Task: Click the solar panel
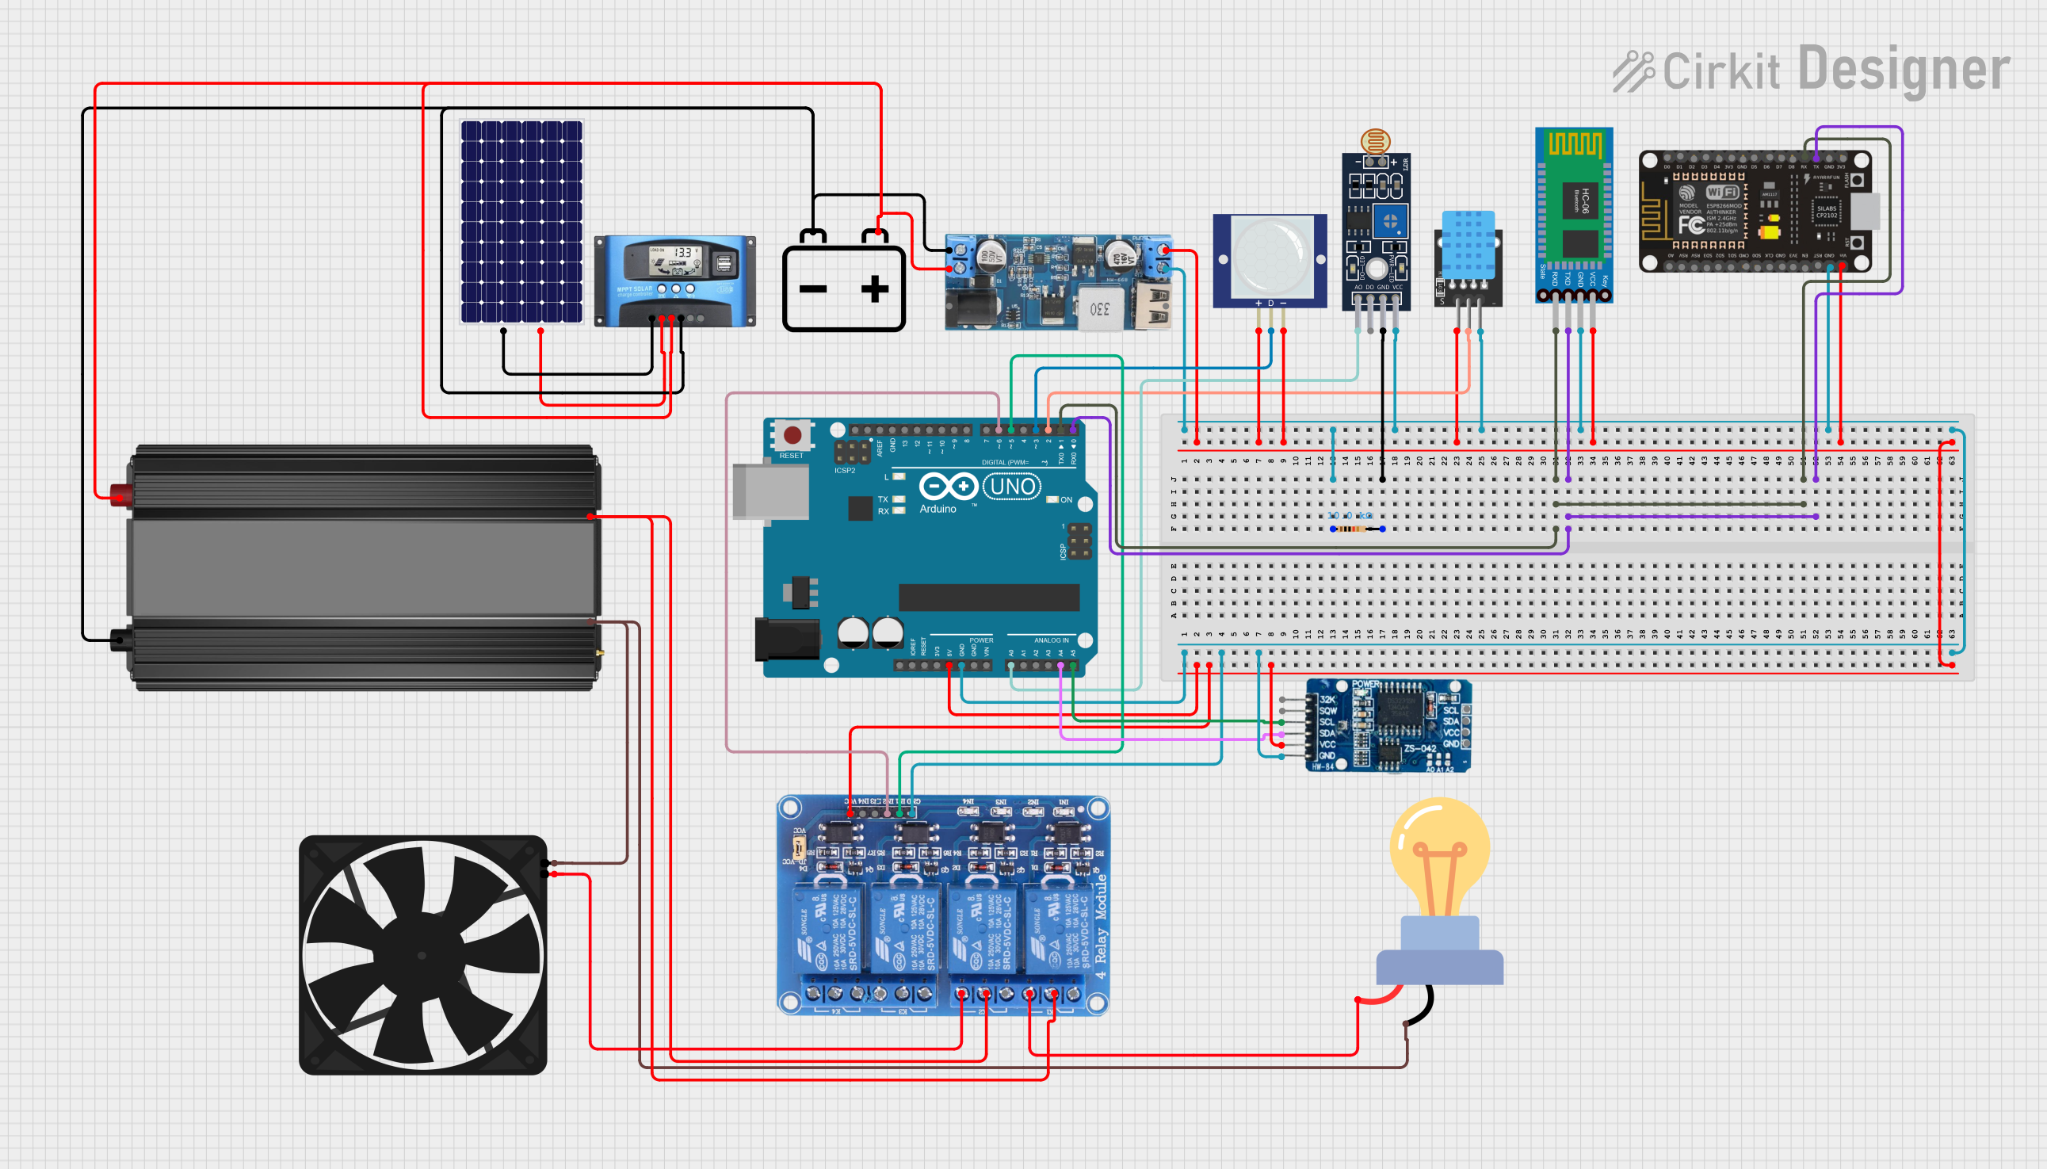(x=521, y=221)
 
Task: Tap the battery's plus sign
(x=874, y=289)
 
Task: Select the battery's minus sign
(x=812, y=289)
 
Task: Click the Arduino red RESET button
(x=792, y=435)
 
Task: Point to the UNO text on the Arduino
(x=1012, y=487)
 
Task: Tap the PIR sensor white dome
(x=1270, y=258)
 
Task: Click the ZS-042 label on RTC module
(x=1419, y=749)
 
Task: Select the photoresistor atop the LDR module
(x=1375, y=142)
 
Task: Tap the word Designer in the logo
(x=1904, y=70)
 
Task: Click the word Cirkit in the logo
(x=1720, y=71)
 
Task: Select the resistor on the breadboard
(x=1357, y=529)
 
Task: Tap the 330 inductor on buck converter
(x=1099, y=309)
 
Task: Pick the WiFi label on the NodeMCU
(x=1722, y=192)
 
